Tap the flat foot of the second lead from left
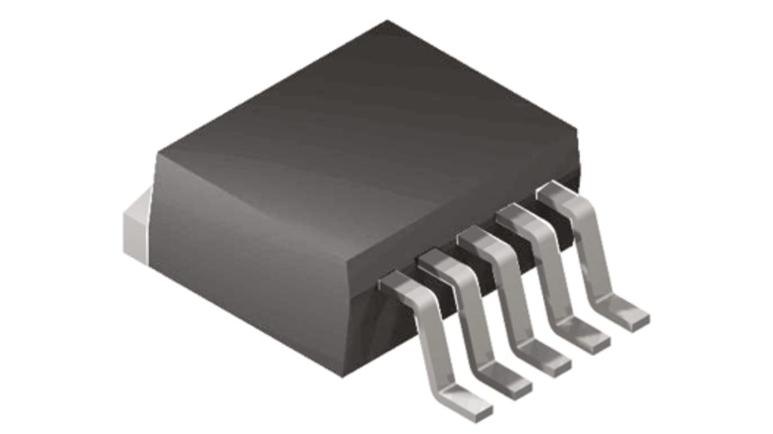coord(510,383)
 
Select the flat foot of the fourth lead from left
coord(588,340)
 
